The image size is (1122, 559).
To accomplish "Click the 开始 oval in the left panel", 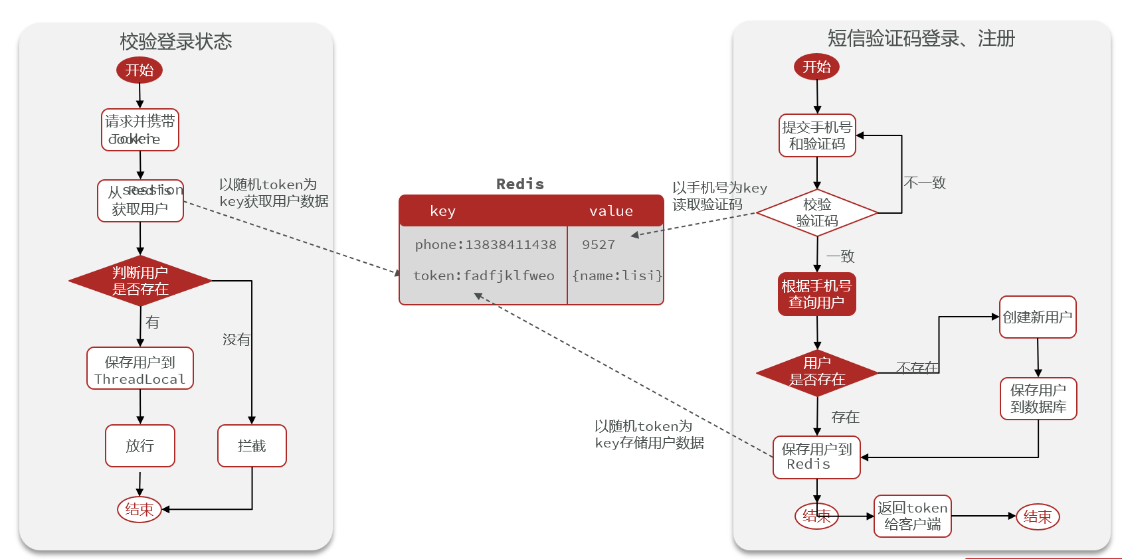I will [x=140, y=70].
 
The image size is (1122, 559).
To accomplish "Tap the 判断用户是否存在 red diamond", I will [x=140, y=281].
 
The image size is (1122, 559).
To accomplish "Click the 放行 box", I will [x=140, y=445].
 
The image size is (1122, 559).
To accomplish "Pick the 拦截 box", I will [x=252, y=445].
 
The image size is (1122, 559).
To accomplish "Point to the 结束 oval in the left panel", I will [x=140, y=509].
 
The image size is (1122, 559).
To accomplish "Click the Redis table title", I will [x=520, y=184].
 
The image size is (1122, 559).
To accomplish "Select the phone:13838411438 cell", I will [x=485, y=244].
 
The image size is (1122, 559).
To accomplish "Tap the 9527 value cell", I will [x=599, y=244].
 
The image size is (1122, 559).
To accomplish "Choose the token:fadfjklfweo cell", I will [x=484, y=276].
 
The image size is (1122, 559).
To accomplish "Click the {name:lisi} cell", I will [x=617, y=276].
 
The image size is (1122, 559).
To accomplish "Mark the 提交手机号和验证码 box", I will [x=817, y=135].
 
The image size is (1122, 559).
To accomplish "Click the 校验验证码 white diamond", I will [x=817, y=212].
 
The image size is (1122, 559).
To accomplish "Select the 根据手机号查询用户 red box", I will [x=816, y=294].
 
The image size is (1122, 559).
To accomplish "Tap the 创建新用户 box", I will [x=1038, y=317].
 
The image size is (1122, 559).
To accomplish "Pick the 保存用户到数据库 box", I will [x=1038, y=398].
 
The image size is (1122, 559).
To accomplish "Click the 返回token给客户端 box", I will [x=913, y=516].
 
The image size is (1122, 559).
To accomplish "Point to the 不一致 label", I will [x=925, y=183].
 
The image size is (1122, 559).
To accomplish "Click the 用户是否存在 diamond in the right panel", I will [x=817, y=372].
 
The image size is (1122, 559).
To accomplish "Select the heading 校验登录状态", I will [x=176, y=41].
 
